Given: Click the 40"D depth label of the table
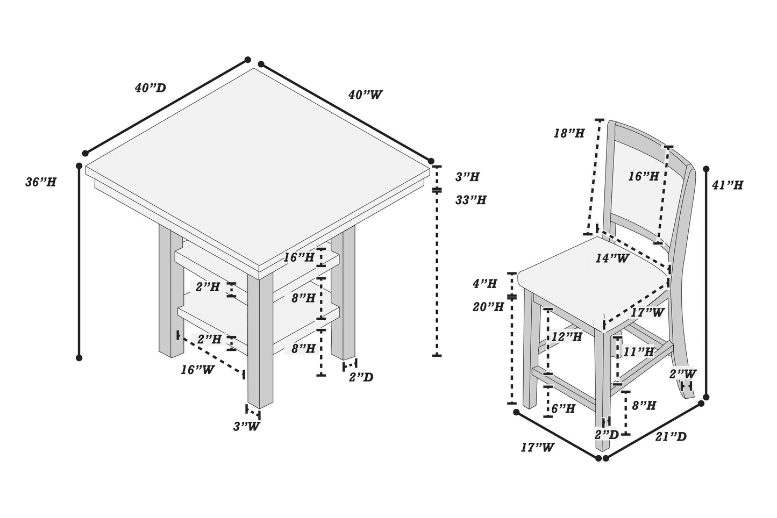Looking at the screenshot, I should (150, 88).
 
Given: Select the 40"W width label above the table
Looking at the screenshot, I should (365, 95).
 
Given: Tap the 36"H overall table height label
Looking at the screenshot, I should (41, 182).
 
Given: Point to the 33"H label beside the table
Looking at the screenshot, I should (471, 200).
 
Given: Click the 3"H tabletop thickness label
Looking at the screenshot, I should (467, 176).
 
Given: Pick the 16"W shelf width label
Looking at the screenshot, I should (197, 370).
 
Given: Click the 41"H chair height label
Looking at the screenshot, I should (727, 185).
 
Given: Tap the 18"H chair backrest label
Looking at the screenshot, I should (569, 133).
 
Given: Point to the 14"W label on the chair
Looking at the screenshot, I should (612, 258).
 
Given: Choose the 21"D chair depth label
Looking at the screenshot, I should (671, 436).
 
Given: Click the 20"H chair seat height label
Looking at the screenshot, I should (488, 307).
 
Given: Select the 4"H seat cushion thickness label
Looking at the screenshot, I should (484, 283).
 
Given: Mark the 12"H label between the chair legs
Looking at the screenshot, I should (567, 337).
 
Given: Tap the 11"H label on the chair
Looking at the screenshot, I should (639, 352).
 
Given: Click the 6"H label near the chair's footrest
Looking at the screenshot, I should (563, 409).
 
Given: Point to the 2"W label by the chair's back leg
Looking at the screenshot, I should (683, 373).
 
